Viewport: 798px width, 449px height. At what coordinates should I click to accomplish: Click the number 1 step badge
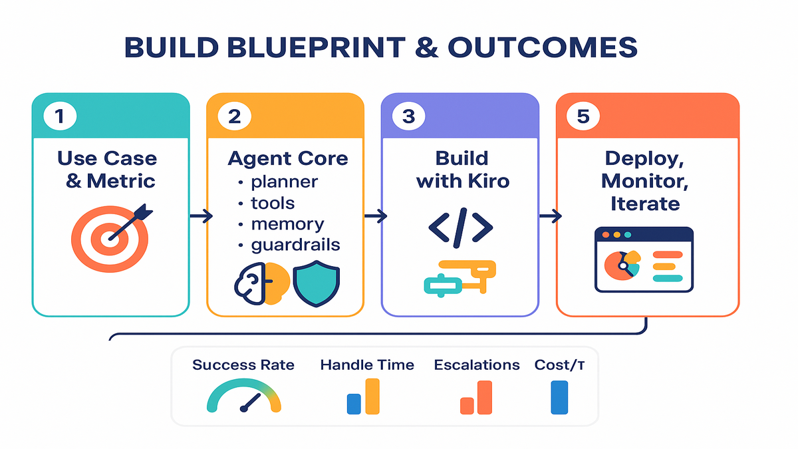61,116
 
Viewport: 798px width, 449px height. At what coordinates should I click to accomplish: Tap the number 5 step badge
583,116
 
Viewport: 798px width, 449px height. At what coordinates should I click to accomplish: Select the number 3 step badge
408,116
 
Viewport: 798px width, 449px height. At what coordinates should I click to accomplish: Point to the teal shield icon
316,285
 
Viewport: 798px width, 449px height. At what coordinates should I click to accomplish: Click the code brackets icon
461,226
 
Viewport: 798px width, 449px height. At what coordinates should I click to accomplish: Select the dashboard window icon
644,259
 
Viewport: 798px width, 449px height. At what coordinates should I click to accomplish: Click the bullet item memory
288,224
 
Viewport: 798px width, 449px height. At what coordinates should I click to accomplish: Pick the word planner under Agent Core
285,182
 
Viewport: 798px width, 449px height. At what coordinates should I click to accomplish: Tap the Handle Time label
367,365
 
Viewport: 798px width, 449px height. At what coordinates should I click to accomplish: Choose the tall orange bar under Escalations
484,397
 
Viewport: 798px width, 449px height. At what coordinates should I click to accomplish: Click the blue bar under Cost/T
559,397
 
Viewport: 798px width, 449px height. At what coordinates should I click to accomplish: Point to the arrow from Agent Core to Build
376,216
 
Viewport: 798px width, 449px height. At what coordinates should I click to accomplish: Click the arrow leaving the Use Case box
201,216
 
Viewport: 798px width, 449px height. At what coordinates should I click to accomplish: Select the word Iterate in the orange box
645,203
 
